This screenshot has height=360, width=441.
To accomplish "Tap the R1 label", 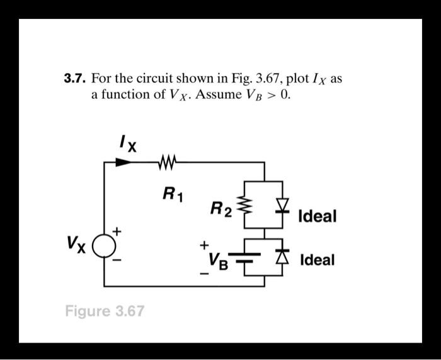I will click(x=170, y=193).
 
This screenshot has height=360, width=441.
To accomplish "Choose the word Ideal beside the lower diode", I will click(x=317, y=260).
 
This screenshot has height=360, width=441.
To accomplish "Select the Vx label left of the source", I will click(x=79, y=242).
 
